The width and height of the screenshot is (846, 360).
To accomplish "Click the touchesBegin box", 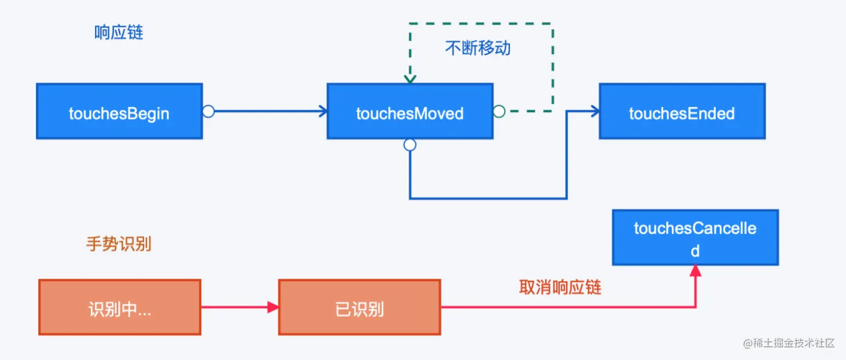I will click(119, 111).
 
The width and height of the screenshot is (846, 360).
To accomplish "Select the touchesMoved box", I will click(409, 111).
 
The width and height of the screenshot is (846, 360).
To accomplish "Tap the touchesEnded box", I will click(681, 111).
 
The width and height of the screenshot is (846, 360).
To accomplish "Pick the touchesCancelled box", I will click(695, 237).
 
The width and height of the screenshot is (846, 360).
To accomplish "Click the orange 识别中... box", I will click(119, 307).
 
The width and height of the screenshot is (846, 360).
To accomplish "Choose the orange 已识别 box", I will click(359, 307).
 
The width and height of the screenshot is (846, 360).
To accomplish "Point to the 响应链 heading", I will click(118, 33).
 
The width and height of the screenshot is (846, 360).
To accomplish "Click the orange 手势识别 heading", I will click(118, 244).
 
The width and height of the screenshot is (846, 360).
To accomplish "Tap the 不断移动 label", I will click(477, 49).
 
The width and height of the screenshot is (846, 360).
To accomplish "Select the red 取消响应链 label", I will click(560, 287).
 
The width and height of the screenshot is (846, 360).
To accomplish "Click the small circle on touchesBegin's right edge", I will click(209, 111).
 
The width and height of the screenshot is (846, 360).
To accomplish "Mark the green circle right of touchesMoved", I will click(499, 111).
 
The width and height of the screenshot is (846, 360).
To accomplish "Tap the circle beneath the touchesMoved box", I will click(410, 145).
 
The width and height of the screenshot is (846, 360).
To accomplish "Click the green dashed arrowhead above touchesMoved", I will click(410, 78).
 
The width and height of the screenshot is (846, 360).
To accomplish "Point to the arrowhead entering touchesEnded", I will click(594, 111).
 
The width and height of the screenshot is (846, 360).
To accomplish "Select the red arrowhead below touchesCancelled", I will click(695, 271).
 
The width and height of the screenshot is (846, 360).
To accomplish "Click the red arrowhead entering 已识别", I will click(273, 307).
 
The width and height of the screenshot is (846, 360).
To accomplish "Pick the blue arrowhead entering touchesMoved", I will click(322, 111).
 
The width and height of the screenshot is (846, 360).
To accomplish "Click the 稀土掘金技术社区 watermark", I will click(789, 343).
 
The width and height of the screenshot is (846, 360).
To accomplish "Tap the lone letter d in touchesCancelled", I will click(695, 251).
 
